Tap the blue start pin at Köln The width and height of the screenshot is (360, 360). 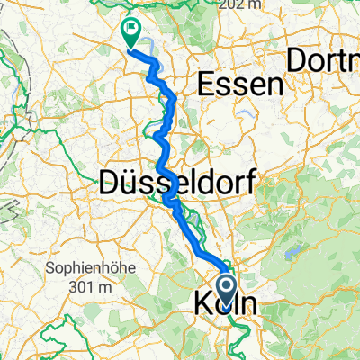click(226, 288)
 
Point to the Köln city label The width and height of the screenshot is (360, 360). click(224, 306)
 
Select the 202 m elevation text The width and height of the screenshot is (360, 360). click(248, 4)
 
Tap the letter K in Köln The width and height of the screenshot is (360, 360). click(202, 306)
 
